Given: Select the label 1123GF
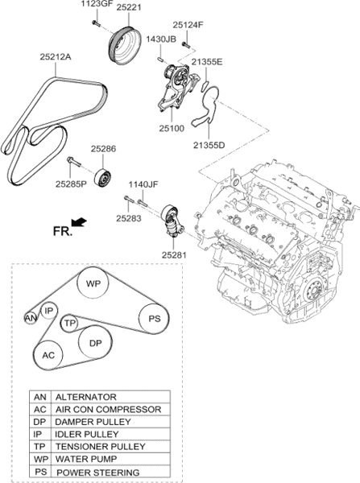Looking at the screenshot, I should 94,6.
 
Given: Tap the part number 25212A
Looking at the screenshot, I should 56,57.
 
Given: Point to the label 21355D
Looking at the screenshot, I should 209,144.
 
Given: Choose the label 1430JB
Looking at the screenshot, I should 161,39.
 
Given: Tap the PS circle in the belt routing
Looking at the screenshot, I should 152,318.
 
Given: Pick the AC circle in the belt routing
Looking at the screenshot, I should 48,354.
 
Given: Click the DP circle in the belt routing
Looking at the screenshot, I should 95,344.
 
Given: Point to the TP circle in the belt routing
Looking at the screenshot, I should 71,322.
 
